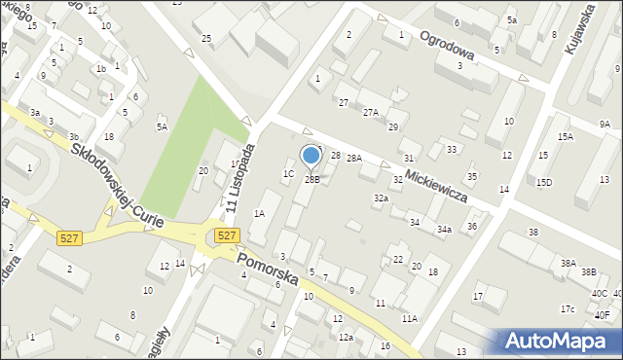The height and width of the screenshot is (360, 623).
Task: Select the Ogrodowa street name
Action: pos(447,45)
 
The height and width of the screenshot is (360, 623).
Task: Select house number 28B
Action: pos(312,179)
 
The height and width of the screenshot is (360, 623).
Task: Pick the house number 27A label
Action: pos(370,113)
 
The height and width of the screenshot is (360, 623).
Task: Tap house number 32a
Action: pos(381,198)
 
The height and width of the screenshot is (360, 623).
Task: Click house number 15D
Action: pos(543,182)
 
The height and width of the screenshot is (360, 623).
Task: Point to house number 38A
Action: pos(568,263)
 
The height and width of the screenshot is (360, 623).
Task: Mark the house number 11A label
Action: pos(409,318)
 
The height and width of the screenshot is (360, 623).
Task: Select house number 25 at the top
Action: pos(206,38)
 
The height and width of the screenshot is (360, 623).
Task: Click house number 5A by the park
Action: pos(163,126)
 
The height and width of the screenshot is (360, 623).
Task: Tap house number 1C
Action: pos(288,174)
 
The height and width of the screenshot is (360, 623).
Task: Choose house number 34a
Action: pos(444,230)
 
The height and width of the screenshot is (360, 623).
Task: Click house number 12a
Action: pos(346,337)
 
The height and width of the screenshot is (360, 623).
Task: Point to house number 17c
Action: pos(568,309)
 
